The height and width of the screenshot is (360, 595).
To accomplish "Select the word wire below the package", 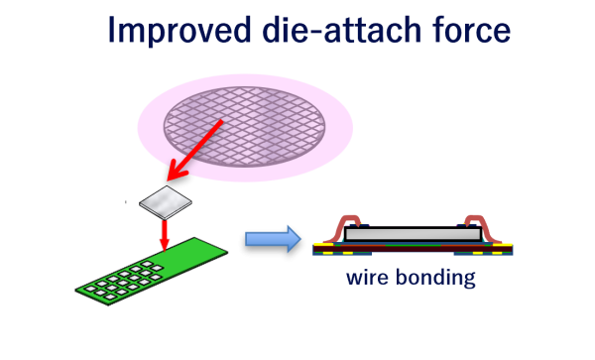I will click(366, 277).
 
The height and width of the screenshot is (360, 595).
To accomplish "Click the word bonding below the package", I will click(431, 277).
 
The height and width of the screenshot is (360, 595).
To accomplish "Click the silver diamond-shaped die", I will click(166, 202).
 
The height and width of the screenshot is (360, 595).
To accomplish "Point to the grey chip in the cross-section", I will click(412, 234).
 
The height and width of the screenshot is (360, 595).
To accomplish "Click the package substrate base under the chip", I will click(412, 248).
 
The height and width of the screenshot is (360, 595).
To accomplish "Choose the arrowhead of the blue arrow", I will click(293, 238).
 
